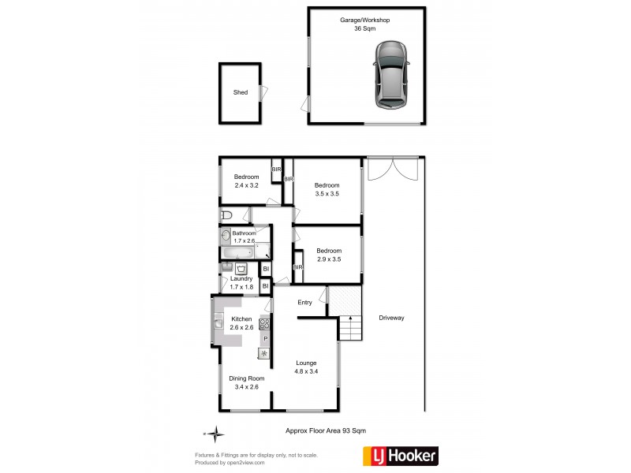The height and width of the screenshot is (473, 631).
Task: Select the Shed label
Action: pos(241,92)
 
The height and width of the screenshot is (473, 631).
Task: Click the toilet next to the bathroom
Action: pos(226,214)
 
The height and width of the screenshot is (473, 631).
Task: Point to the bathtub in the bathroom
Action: pos(239,253)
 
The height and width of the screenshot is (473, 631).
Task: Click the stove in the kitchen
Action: pos(264,322)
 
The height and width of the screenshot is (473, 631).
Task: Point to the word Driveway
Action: pos(391,318)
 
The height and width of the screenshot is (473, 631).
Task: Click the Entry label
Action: pos(304,302)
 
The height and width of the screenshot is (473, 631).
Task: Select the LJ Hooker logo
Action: pos(399,455)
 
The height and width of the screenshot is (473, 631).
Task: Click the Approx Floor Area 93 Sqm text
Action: pos(326,430)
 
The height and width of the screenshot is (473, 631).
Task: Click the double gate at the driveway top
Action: pos(394,171)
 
